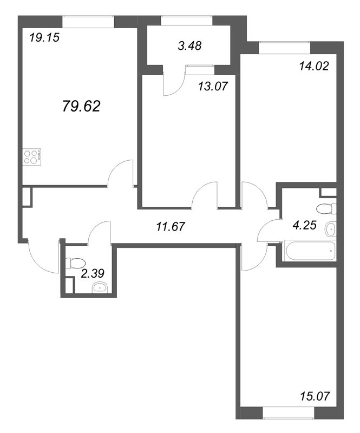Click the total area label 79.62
click(x=81, y=106)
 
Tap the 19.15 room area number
click(x=44, y=37)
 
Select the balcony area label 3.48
click(x=189, y=45)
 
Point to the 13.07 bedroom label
click(x=213, y=86)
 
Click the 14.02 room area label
click(x=314, y=66)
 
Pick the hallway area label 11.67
click(x=170, y=227)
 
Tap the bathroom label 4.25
click(x=304, y=225)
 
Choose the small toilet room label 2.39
click(x=93, y=273)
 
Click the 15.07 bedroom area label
click(x=315, y=396)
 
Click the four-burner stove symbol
click(x=32, y=157)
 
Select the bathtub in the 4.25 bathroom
click(x=310, y=251)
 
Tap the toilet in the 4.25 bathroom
click(x=326, y=209)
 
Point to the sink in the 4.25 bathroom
click(x=331, y=229)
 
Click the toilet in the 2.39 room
click(x=75, y=263)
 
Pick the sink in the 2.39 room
click(x=100, y=288)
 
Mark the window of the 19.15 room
click(x=88, y=22)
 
